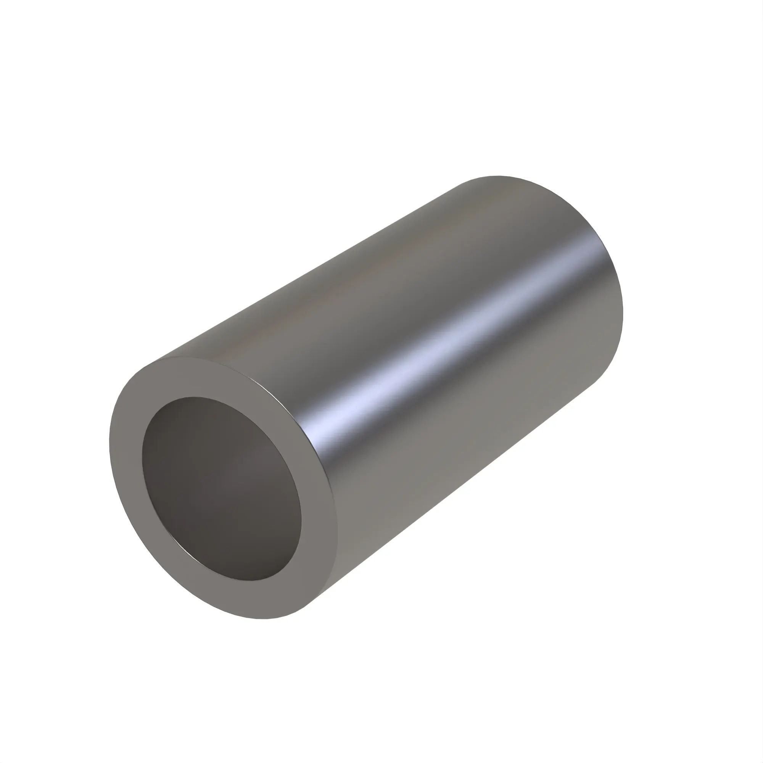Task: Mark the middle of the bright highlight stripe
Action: (x=454, y=340)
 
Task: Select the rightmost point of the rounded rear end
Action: (x=623, y=312)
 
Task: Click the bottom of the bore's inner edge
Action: (x=253, y=581)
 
